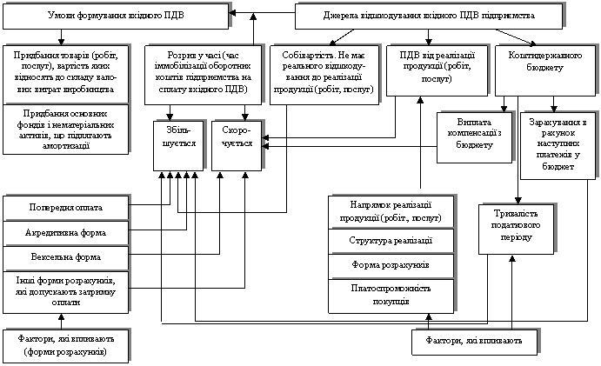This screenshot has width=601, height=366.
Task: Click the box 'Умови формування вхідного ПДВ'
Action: (116, 17)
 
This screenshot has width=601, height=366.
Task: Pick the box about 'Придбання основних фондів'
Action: (66, 130)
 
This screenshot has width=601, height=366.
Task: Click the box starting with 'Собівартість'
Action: (323, 71)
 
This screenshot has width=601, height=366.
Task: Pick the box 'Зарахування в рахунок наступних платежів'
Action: (557, 143)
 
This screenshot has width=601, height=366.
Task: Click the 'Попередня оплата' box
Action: (65, 208)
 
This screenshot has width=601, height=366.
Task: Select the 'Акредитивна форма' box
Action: (65, 233)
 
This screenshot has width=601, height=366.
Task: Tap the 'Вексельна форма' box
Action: (65, 258)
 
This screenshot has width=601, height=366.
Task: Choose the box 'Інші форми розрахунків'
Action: (65, 289)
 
